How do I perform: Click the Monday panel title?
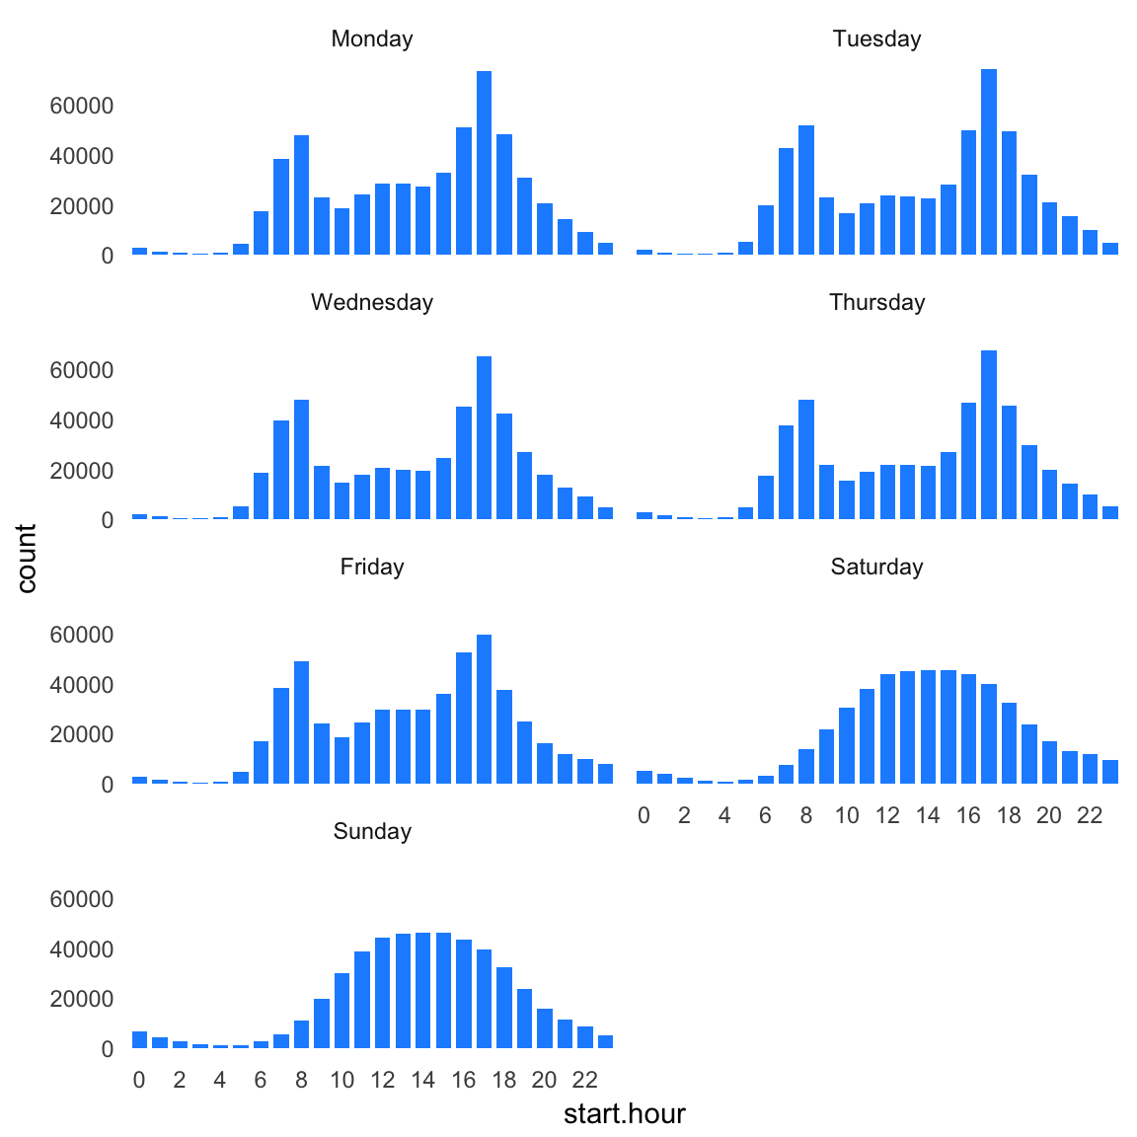pyautogui.click(x=372, y=38)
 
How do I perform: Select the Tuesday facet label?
pyautogui.click(x=876, y=38)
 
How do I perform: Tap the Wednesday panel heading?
pyautogui.click(x=372, y=302)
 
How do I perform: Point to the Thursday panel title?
pyautogui.click(x=876, y=302)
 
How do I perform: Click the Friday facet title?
pyautogui.click(x=372, y=567)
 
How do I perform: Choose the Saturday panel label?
pyautogui.click(x=876, y=567)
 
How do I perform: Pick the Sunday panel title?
pyautogui.click(x=372, y=831)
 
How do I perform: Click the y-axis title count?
pyautogui.click(x=27, y=559)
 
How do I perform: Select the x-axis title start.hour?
pyautogui.click(x=624, y=1114)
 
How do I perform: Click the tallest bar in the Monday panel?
pyautogui.click(x=484, y=163)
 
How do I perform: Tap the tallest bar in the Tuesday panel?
pyautogui.click(x=989, y=162)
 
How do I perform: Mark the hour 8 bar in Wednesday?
pyautogui.click(x=301, y=459)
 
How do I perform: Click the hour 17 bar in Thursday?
pyautogui.click(x=989, y=434)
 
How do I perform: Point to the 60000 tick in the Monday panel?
pyautogui.click(x=81, y=106)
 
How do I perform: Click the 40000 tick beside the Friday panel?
pyautogui.click(x=81, y=685)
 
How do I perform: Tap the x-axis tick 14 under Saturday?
pyautogui.click(x=928, y=815)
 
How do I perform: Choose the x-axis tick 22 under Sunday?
pyautogui.click(x=585, y=1080)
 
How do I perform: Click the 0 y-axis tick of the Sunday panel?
pyautogui.click(x=107, y=1049)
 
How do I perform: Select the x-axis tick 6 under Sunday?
pyautogui.click(x=261, y=1080)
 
